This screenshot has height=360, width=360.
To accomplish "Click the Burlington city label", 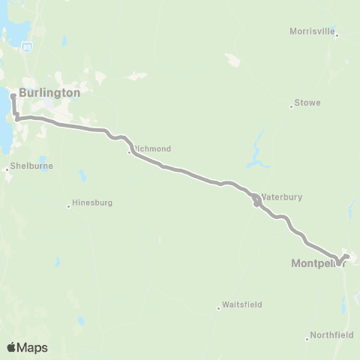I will coord(49,92).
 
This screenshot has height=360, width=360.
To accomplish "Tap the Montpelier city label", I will coord(314,263).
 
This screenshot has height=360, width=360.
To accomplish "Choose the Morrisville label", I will coord(312,31).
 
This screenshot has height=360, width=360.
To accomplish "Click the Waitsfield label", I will coord(241,305).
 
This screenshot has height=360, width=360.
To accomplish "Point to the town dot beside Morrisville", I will coord(337,34).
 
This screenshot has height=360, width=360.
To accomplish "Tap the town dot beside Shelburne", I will coord(7,169).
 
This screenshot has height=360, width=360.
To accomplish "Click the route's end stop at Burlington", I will coord(13,95).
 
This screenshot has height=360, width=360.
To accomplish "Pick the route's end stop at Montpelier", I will coord(347,256).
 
